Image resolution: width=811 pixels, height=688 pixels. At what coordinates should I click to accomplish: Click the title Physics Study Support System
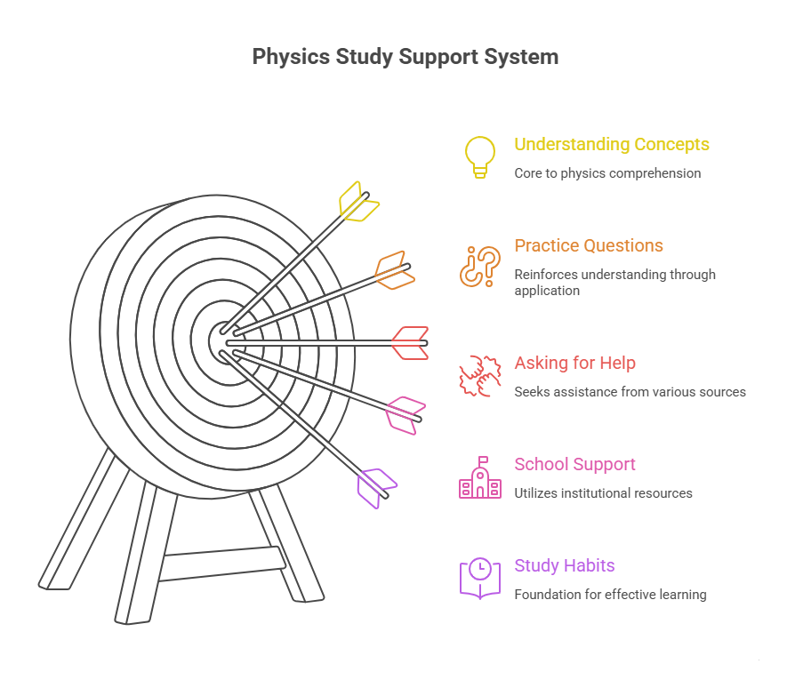pos(405,57)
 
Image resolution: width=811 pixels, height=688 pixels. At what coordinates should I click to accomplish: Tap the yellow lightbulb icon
pos(480,156)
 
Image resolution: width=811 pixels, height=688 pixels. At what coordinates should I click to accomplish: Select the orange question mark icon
pos(480,266)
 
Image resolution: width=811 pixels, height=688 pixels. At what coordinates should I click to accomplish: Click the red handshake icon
pos(479,375)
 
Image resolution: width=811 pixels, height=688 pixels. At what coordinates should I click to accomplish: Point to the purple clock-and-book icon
pos(480,578)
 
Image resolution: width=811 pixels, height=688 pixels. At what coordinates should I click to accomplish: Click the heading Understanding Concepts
pos(612,144)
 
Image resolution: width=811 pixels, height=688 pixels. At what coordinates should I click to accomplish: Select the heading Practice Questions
pos(589,245)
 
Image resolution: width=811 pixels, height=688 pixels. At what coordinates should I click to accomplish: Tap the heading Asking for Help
pos(574,363)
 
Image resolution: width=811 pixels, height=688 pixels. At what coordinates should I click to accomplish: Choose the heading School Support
pos(574,464)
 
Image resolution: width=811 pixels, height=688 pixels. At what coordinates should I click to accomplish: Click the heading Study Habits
pos(565,565)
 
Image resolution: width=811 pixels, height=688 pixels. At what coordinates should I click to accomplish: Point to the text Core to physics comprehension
pos(607,173)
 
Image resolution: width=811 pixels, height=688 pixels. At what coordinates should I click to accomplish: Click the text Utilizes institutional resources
pos(603,493)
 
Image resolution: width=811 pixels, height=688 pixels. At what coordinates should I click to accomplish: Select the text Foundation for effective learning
pos(610,595)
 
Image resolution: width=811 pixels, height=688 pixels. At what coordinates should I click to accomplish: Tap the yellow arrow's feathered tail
pos(358,202)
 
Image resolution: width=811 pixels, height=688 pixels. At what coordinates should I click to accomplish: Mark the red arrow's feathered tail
pos(411,343)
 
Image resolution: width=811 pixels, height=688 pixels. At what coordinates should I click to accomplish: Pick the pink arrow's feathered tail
pos(405,414)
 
